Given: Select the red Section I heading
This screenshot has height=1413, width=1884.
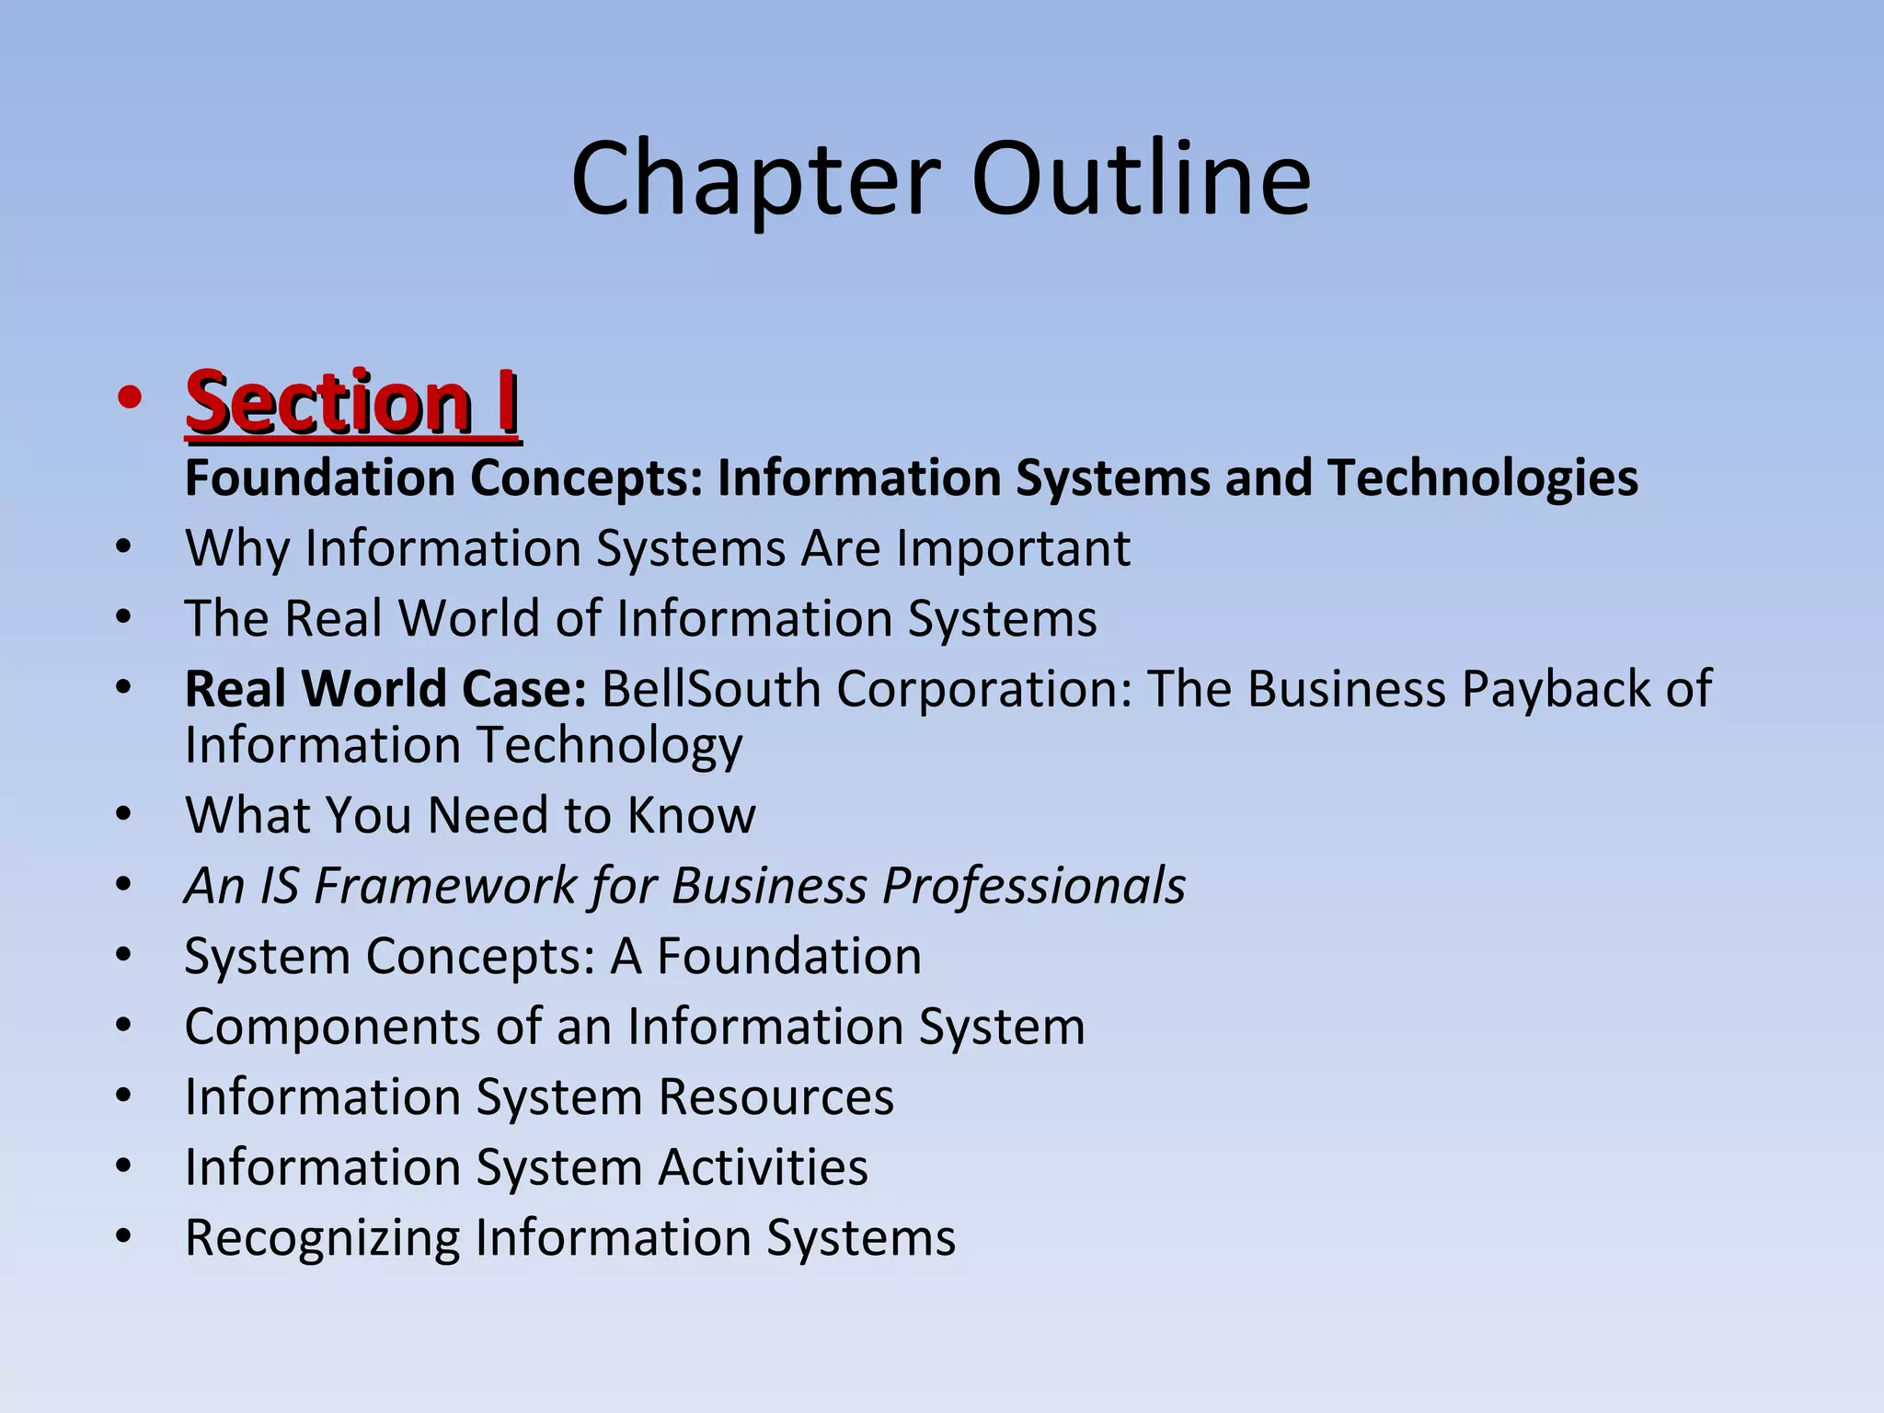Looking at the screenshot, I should (352, 402).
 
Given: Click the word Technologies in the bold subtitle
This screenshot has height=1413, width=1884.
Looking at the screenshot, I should (1482, 478).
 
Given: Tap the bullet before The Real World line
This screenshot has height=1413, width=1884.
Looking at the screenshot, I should (125, 618).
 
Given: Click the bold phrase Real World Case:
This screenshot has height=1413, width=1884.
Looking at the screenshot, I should (385, 689).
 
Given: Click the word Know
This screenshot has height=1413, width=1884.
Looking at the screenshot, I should (692, 815).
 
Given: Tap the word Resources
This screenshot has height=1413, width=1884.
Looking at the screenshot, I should (775, 1097).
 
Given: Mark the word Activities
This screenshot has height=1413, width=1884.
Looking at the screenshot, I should (763, 1167).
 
